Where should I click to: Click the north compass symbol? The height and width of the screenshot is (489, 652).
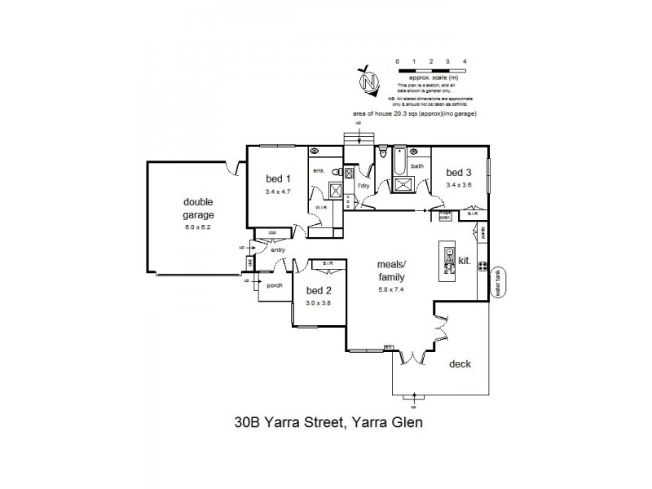tap(371, 81)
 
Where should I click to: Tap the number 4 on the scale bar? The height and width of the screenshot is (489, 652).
tap(465, 62)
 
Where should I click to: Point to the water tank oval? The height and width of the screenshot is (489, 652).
tap(500, 283)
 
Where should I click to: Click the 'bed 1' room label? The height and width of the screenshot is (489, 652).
tap(277, 179)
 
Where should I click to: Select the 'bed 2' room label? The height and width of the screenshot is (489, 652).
tap(318, 290)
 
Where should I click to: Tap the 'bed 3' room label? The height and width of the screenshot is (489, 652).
tap(458, 173)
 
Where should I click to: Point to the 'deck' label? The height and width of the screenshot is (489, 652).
tap(460, 364)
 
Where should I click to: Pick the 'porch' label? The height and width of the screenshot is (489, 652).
tap(270, 284)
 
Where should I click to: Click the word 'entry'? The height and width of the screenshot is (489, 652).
tap(279, 250)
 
